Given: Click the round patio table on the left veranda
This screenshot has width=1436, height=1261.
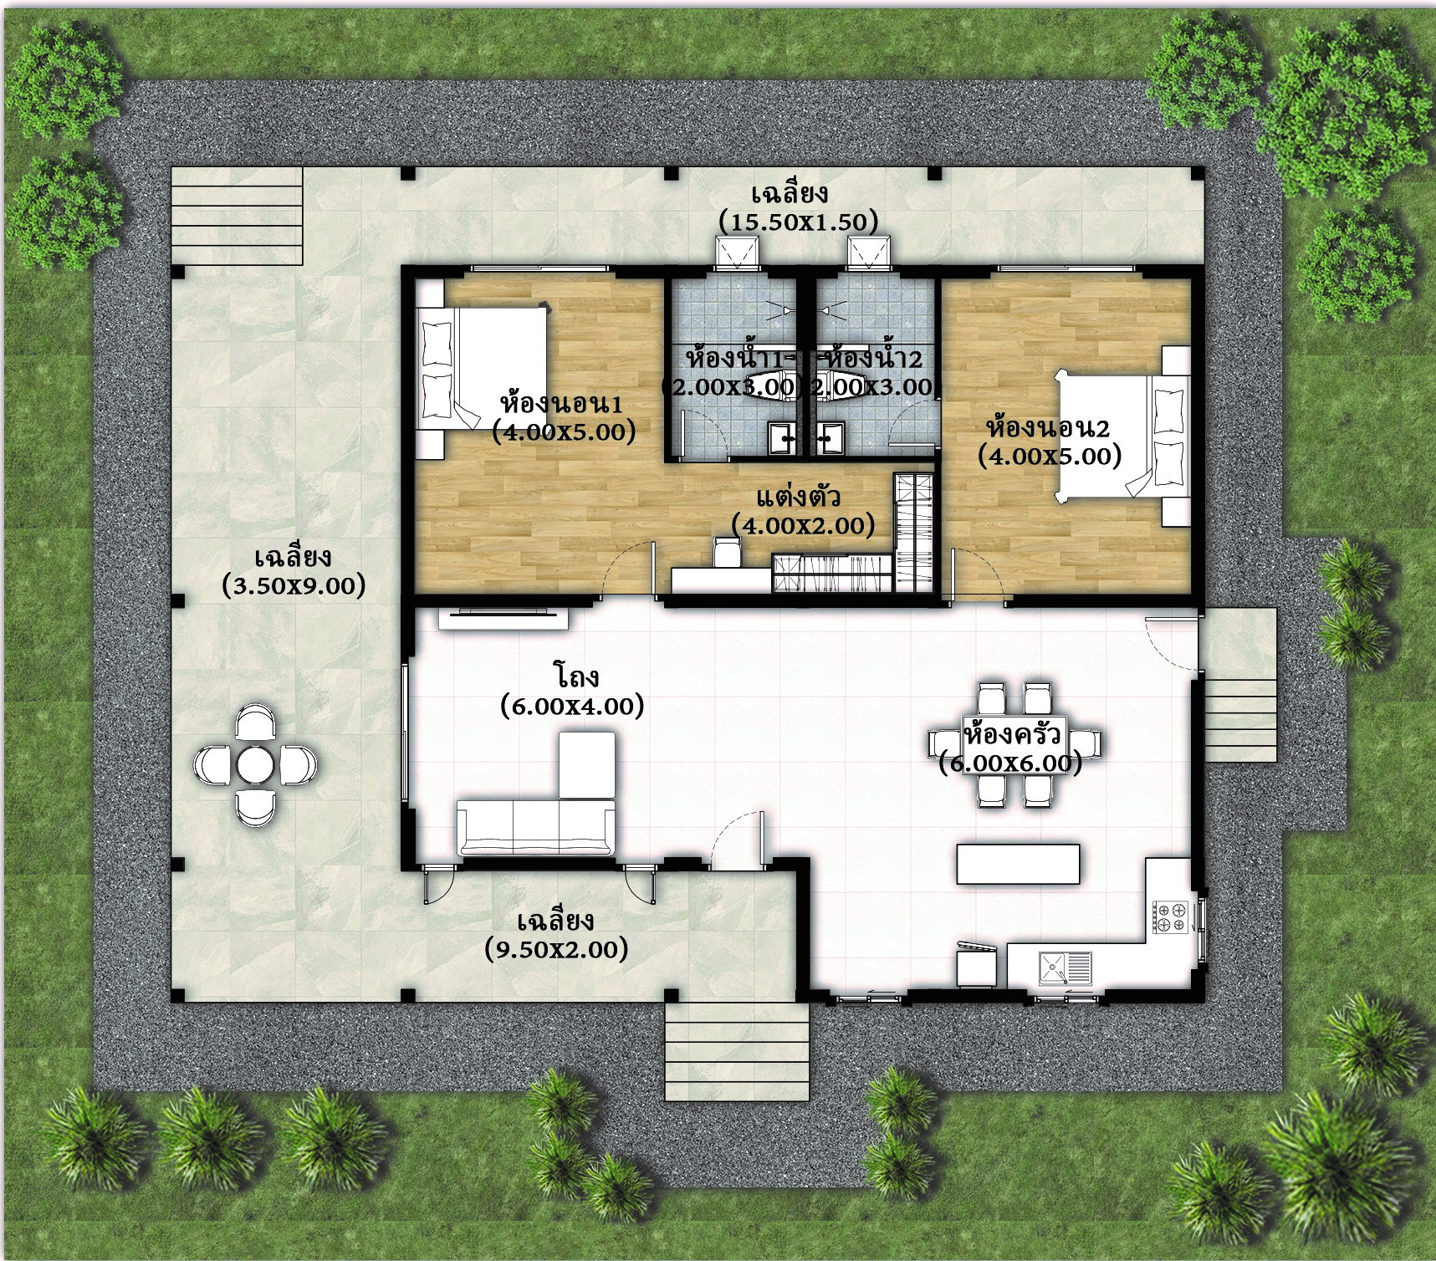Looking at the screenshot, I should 254,763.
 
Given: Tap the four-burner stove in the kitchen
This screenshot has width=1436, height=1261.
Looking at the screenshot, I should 1171,916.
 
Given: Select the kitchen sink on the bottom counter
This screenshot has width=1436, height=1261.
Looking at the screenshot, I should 1064,967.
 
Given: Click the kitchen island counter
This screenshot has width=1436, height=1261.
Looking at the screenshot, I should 1018,864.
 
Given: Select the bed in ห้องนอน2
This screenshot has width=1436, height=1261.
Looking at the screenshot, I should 1121,436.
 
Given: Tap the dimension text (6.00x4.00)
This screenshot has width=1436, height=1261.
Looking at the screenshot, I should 572,707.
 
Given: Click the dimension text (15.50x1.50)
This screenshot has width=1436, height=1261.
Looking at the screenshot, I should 798,222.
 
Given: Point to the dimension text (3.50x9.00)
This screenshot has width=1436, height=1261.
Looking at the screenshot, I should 294,585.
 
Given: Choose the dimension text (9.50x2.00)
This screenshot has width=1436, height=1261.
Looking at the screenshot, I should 555,949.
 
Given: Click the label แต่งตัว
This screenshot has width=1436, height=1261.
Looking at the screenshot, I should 798,498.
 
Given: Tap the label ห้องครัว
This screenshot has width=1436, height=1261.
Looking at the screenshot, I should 1012,735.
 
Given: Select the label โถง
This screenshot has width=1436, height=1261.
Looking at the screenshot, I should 576,676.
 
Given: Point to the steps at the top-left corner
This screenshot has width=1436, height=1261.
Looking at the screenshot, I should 237,216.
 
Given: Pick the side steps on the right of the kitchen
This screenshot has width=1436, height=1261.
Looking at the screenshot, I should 1240,719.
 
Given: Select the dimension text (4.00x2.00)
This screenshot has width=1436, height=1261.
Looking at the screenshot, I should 803,526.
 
